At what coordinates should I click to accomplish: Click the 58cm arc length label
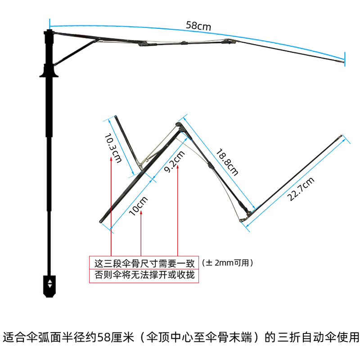point(198,26)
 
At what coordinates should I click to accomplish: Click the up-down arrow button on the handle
point(49,283)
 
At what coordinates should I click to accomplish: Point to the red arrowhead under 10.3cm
point(110,159)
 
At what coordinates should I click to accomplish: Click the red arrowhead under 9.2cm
point(178,167)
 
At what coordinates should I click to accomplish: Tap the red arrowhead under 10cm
point(141,212)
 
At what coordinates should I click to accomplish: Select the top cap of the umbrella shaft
point(49,32)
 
